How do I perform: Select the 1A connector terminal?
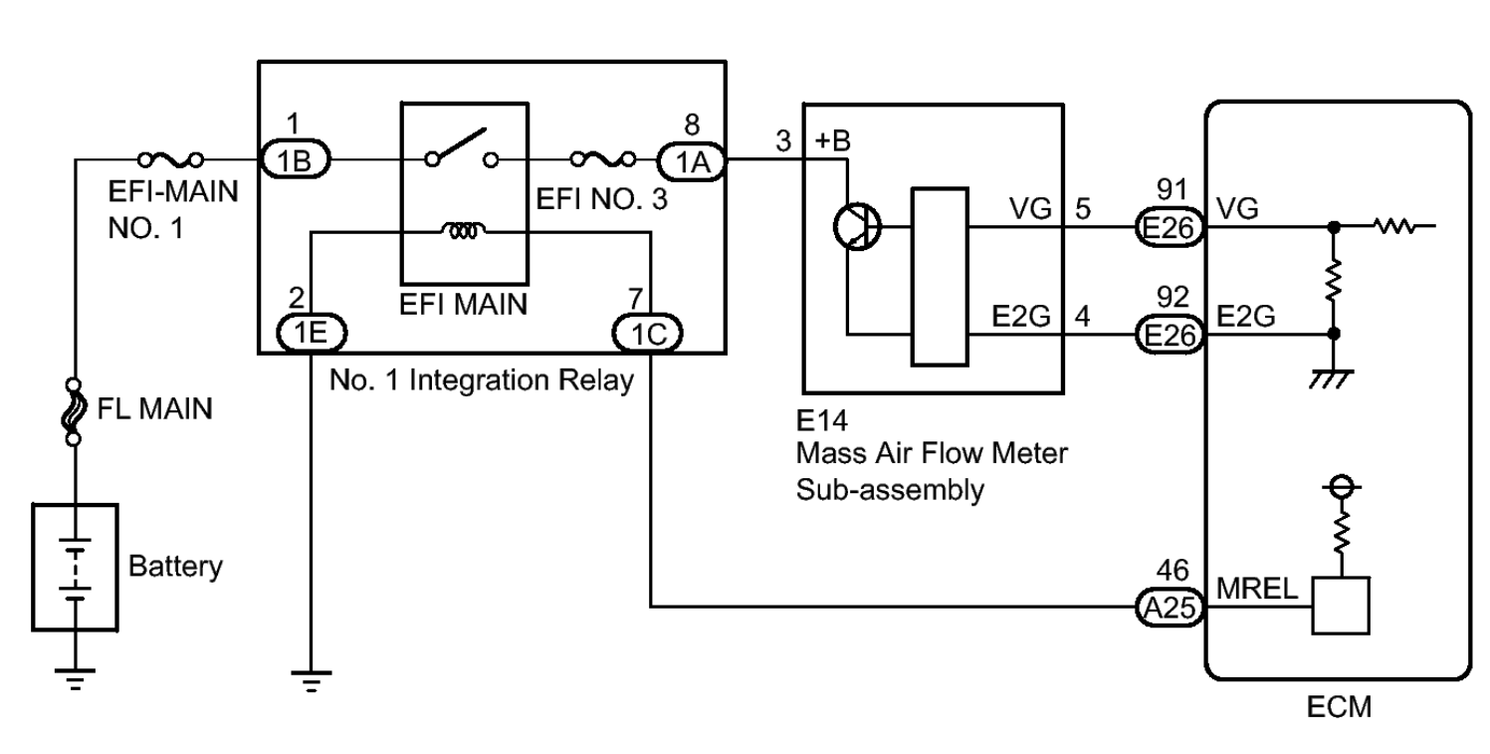[x=693, y=160]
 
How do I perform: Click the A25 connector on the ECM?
[x=1170, y=605]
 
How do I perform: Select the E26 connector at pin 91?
[x=1170, y=231]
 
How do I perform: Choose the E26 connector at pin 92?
[x=1170, y=336]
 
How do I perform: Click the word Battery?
[x=175, y=568]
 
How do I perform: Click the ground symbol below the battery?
[x=75, y=677]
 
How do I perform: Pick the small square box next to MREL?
[x=1341, y=605]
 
